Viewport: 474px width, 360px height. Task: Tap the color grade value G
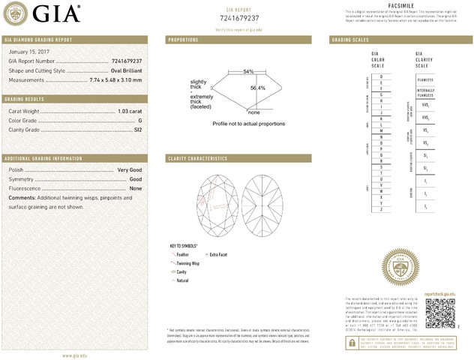tap(140, 121)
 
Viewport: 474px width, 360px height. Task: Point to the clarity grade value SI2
tap(138, 130)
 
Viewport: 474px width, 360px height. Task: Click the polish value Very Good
tap(130, 171)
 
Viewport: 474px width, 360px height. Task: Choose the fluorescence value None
tap(136, 188)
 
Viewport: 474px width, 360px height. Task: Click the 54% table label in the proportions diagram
tap(248, 71)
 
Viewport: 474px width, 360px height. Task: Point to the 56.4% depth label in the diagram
tap(257, 88)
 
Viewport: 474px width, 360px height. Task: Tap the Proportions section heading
tap(183, 39)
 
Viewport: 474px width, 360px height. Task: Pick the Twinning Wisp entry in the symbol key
tap(187, 264)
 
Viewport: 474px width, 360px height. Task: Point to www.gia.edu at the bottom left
tap(74, 355)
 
